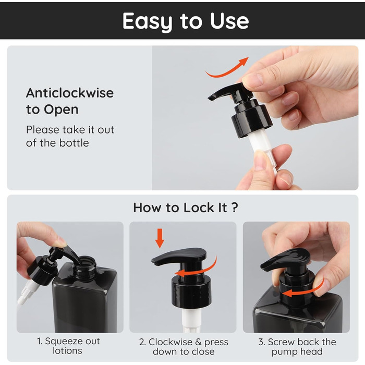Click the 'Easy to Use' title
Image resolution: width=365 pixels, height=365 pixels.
186,21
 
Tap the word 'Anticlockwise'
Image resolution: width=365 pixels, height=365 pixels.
70,93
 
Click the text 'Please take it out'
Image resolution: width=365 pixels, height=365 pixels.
70,130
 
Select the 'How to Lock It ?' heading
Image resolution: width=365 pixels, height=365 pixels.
186,208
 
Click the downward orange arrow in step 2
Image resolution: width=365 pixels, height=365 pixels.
160,238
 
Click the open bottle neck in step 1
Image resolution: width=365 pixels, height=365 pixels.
85,267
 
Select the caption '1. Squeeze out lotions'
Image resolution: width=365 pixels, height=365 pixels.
68,346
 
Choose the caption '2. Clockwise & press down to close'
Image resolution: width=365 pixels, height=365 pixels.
184,347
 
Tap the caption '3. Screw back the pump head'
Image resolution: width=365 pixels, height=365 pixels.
297,347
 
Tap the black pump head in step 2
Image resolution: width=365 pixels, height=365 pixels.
179,256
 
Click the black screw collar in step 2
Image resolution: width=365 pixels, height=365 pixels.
191,291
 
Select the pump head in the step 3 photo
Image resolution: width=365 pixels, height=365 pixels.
286,259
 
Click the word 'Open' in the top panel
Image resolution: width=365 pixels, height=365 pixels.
61,110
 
